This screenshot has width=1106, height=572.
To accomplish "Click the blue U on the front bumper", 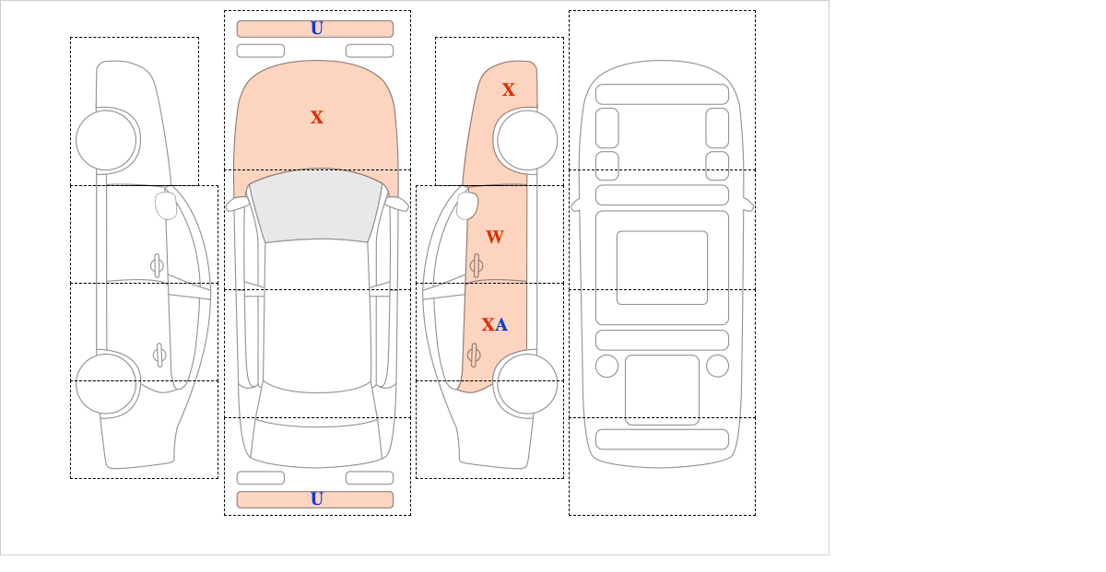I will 316,29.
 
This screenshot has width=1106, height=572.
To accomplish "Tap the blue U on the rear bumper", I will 316,499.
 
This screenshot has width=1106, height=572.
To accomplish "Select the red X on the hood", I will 316,118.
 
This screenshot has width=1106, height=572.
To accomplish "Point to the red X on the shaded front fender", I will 508,90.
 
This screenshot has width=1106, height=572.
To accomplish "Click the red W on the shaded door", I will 494,238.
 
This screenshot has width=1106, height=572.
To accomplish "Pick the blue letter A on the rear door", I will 501,325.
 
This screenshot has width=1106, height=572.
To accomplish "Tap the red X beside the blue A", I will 488,325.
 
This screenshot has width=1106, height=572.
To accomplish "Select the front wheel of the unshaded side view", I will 106,140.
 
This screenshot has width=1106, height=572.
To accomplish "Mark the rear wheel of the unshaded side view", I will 106,383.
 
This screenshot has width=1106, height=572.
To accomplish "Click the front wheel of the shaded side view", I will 527,140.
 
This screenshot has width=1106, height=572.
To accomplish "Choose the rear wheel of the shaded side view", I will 527,383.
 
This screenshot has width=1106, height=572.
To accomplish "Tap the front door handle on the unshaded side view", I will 157,266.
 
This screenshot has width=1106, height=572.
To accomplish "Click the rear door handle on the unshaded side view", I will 159,355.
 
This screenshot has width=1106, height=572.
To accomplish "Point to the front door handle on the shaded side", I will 476,266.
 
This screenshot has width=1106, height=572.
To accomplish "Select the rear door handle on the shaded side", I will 473,355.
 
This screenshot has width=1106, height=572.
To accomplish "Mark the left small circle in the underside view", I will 606,366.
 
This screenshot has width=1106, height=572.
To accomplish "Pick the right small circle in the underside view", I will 717,366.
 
